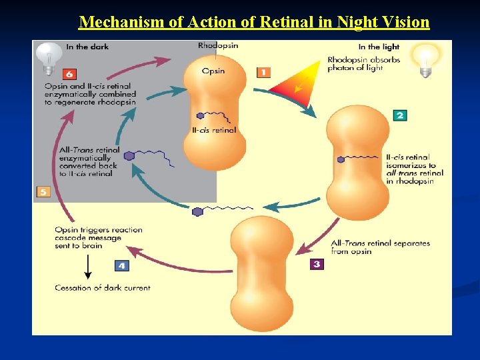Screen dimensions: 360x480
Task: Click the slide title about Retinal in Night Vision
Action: pyautogui.click(x=254, y=22)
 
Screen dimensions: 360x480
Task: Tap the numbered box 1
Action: pyautogui.click(x=263, y=71)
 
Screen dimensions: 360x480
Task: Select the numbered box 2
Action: pyautogui.click(x=399, y=115)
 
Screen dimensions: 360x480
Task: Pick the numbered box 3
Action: pyautogui.click(x=317, y=264)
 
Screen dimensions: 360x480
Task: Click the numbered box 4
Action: pyautogui.click(x=121, y=265)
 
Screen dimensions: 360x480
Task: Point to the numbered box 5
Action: pyautogui.click(x=43, y=192)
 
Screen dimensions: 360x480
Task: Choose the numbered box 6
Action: pyautogui.click(x=70, y=74)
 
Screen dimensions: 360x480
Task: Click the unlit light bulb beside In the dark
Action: pyautogui.click(x=48, y=56)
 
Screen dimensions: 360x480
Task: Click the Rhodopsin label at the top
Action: pyautogui.click(x=217, y=46)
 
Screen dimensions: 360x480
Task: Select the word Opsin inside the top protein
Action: pyautogui.click(x=213, y=71)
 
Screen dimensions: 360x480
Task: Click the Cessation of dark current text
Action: pyautogui.click(x=103, y=288)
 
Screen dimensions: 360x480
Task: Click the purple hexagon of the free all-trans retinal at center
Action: pyautogui.click(x=197, y=212)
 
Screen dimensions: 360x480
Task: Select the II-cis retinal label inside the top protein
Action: pyautogui.click(x=214, y=130)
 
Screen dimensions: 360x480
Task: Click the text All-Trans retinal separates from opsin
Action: pyautogui.click(x=381, y=247)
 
